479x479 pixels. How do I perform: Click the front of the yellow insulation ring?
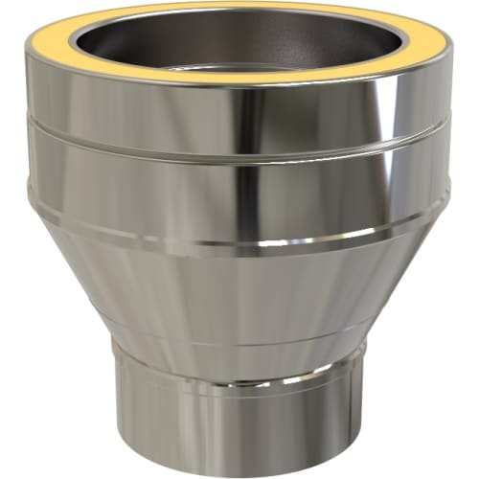pos(239,78)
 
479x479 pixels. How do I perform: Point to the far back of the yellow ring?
pos(239,7)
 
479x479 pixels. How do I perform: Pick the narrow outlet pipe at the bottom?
pos(239,412)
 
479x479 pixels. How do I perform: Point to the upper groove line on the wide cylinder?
pos(239,144)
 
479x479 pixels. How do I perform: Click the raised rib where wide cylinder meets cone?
pos(239,244)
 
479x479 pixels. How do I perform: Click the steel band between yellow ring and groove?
pos(144,110)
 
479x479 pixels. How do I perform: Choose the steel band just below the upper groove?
pos(144,182)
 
